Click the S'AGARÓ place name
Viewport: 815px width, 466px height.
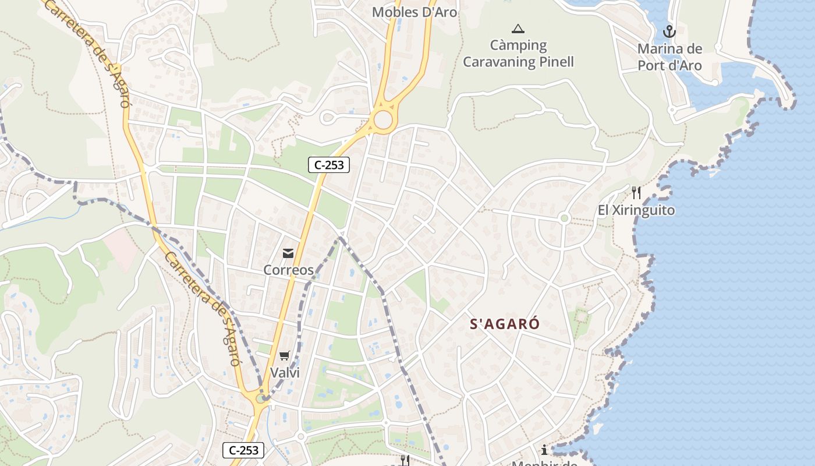pos(505,324)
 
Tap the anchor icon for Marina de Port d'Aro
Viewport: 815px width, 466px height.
pos(669,31)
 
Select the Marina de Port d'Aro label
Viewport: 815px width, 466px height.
pos(669,57)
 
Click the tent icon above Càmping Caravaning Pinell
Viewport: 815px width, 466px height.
pos(518,29)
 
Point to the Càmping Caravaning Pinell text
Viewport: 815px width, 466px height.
pos(518,54)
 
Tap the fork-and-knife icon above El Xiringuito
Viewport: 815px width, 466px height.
pos(636,193)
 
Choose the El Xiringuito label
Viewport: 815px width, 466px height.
pos(636,210)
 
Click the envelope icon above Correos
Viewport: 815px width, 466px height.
pos(288,253)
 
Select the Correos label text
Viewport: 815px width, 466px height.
pos(288,270)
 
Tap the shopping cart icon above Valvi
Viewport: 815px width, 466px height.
pos(285,355)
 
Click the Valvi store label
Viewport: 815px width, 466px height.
pos(285,373)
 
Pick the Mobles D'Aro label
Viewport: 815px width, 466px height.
pos(414,12)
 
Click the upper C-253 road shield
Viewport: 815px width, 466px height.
pos(329,165)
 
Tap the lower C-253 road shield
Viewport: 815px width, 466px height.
pos(244,450)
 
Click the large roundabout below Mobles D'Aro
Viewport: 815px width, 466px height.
pos(383,120)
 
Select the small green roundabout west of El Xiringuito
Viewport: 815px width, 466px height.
pos(564,218)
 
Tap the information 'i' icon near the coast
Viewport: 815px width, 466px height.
pos(544,450)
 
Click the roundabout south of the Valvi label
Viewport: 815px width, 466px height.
pos(261,398)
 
